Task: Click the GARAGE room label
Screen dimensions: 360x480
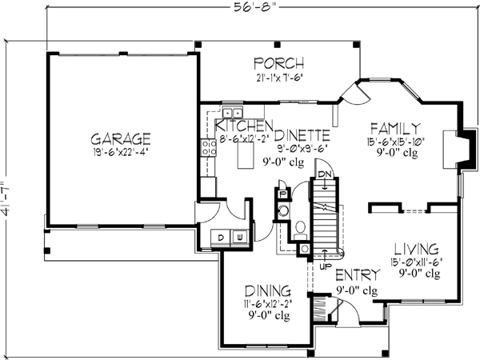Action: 122,137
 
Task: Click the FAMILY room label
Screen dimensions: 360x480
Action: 395,128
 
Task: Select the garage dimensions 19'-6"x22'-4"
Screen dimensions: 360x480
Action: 122,151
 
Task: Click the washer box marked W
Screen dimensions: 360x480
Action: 239,236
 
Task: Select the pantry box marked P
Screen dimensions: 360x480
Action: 282,194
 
